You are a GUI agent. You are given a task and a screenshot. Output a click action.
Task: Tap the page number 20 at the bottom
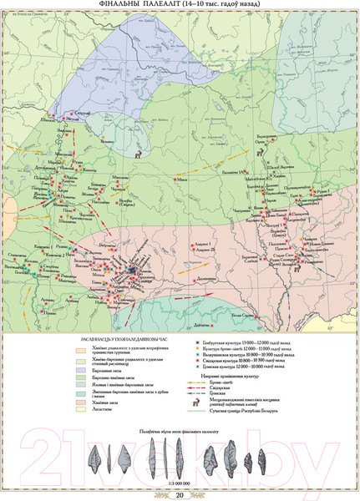coord(180,494)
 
